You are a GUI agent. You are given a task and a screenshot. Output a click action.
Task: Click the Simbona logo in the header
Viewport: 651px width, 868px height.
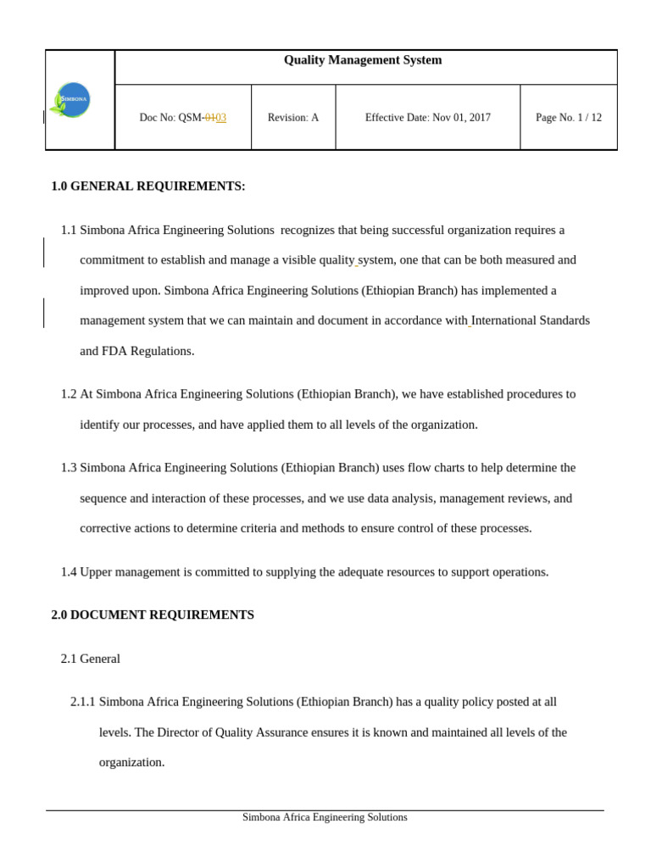click(71, 100)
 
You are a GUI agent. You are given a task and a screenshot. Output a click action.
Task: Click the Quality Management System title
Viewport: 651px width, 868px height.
click(362, 60)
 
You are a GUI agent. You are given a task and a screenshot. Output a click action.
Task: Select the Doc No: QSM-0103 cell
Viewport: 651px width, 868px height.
click(182, 118)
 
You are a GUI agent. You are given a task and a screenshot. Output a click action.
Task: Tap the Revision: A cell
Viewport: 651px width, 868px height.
click(292, 118)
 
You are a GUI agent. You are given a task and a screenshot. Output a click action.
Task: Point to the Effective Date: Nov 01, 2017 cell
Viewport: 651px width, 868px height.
click(427, 118)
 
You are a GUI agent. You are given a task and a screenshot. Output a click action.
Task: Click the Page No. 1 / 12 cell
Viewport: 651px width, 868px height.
click(568, 118)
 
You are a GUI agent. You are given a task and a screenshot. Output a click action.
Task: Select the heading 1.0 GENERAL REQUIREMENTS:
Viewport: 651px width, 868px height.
click(148, 186)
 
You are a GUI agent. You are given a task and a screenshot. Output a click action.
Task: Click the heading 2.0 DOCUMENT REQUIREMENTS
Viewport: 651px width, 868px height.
click(153, 615)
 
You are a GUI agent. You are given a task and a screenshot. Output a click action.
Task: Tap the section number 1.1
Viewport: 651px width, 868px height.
click(69, 231)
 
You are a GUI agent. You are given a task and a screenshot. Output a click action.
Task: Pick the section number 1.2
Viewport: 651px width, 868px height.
click(69, 394)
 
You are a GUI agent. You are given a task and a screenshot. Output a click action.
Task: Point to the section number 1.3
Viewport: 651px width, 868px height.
click(69, 468)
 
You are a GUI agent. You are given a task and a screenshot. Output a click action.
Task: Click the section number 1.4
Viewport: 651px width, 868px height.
click(69, 572)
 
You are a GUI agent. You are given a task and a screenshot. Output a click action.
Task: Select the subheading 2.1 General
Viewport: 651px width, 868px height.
click(90, 659)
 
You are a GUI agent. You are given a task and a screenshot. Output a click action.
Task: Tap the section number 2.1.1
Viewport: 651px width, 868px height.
click(82, 702)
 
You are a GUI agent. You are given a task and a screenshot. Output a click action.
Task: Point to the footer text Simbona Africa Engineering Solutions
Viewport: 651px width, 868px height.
click(325, 818)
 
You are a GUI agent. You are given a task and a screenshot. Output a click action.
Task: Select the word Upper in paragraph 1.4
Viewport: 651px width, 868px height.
click(97, 572)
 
